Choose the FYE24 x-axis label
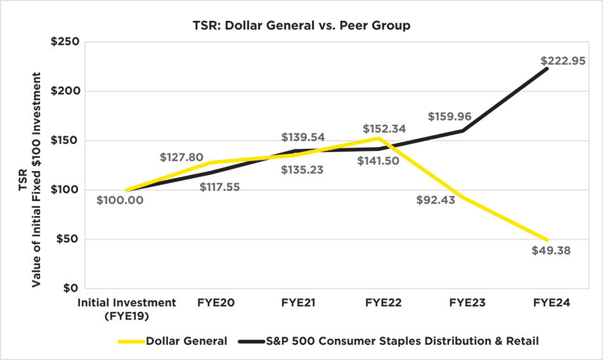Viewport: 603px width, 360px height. tap(547, 303)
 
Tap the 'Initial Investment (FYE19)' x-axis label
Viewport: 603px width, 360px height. tap(126, 309)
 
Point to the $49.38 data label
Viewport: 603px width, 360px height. tap(550, 250)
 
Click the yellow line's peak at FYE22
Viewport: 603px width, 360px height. tap(379, 138)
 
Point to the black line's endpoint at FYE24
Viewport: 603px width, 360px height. tap(547, 68)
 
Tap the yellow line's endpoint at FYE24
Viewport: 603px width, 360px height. tap(547, 240)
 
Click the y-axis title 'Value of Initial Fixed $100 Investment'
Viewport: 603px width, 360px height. tap(37, 179)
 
